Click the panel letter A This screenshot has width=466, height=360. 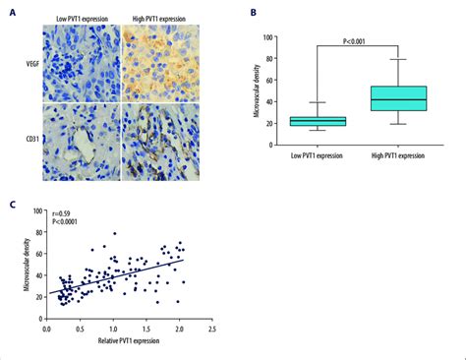[11, 13]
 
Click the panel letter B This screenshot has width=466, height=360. [255, 13]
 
